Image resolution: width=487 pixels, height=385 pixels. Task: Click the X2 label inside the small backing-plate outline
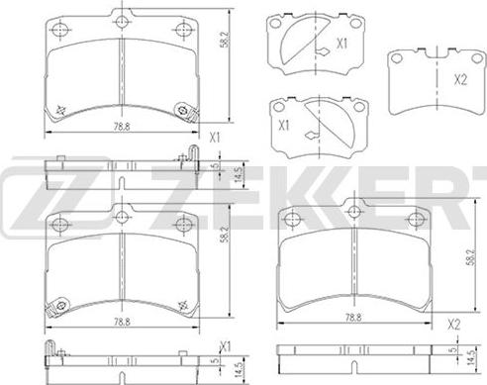(x=460, y=80)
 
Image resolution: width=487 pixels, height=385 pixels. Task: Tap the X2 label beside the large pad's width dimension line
(x=454, y=326)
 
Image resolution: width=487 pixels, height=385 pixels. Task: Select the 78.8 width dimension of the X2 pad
(x=353, y=317)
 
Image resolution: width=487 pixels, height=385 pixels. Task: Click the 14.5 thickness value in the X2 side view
(x=473, y=356)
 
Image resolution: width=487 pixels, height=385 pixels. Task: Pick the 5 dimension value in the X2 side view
(x=453, y=349)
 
